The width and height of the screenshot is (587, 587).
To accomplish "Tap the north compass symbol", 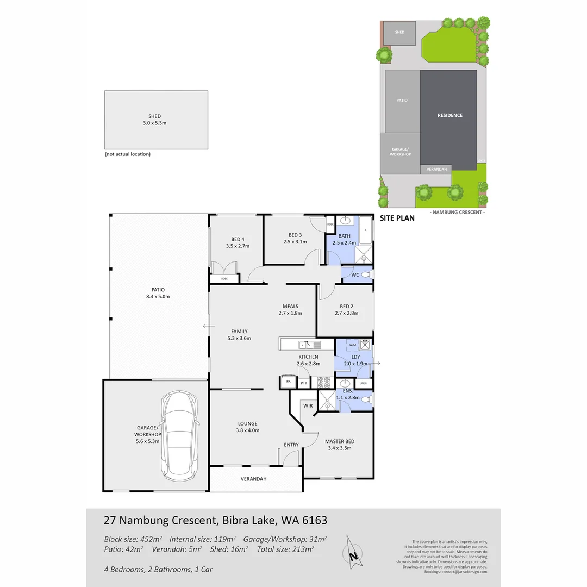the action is click(x=352, y=553).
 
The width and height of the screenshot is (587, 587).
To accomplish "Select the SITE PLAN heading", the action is click(x=397, y=218).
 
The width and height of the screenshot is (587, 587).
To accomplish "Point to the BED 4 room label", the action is click(x=238, y=239).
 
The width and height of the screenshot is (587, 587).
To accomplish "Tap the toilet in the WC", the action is click(x=366, y=274).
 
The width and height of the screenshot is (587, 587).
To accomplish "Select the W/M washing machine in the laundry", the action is click(x=352, y=345).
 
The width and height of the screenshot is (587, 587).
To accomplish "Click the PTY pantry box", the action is click(x=304, y=383).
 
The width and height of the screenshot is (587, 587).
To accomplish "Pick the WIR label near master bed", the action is click(x=308, y=405).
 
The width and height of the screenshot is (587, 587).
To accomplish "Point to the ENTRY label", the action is click(x=291, y=445).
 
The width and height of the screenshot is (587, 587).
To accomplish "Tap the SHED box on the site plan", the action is click(x=399, y=33).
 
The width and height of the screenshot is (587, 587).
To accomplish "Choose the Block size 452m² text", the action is click(x=133, y=539).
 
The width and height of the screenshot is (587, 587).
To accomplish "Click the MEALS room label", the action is click(x=290, y=305).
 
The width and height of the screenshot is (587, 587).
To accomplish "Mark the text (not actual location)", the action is click(x=127, y=154).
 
